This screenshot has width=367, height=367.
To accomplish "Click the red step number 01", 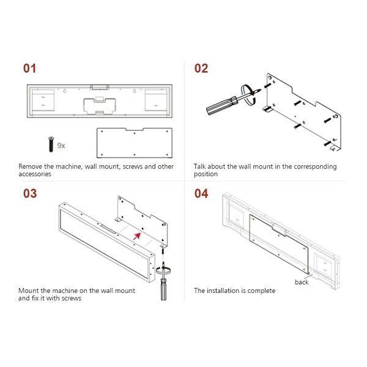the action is click(x=29, y=69).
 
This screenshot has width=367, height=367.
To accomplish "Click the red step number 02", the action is click(x=201, y=69).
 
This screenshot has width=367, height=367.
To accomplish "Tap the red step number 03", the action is click(x=30, y=193).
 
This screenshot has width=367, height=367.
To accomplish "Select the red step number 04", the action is click(x=201, y=193).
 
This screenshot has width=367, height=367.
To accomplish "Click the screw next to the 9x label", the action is click(x=51, y=144).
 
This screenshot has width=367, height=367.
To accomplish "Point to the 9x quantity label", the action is click(x=61, y=146).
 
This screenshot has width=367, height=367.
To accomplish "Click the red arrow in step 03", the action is click(x=137, y=236).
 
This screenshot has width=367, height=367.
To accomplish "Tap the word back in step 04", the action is click(x=302, y=282).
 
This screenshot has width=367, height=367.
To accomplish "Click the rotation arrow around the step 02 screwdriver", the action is click(x=248, y=94).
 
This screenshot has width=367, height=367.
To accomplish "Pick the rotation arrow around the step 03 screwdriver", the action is click(x=163, y=270).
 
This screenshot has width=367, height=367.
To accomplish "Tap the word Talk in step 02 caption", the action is click(x=199, y=166).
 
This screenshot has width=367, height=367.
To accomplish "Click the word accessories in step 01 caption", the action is click(x=35, y=174).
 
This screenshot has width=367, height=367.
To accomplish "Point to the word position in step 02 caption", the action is click(x=206, y=174).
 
